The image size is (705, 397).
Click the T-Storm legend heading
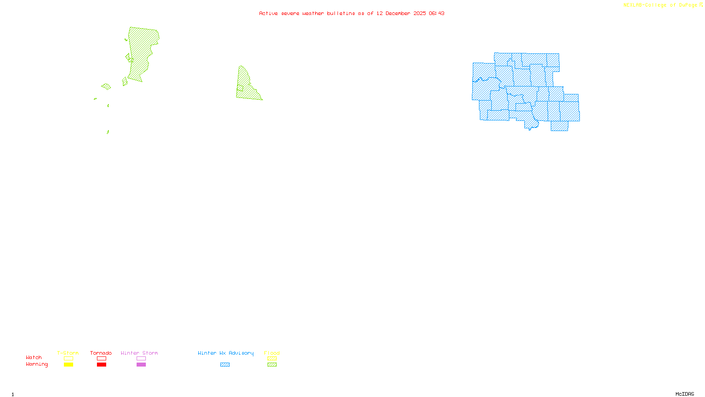68,353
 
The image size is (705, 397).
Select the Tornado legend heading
101,353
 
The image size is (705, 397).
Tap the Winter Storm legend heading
139,353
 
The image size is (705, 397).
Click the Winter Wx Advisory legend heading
226,353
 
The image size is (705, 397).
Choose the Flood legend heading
272,353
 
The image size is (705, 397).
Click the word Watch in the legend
34,357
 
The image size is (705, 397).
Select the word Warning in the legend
37,364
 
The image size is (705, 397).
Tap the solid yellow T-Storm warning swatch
68,365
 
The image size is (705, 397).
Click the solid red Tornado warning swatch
101,365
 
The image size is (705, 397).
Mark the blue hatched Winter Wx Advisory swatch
225,365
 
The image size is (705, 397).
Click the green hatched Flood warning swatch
272,365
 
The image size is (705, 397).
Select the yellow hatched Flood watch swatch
272,359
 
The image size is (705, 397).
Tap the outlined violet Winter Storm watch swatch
141,359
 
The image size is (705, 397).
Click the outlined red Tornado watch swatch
101,359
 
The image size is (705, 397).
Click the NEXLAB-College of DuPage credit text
660,5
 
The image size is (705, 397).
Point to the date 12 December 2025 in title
401,13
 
